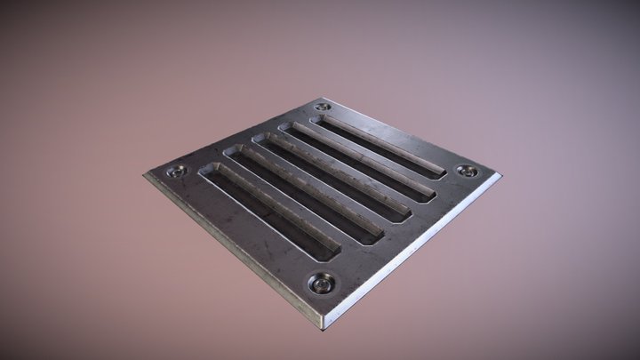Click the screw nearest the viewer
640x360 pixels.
pos(321,283)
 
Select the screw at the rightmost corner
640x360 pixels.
pos(468,171)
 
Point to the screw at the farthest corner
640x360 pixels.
pos(322,108)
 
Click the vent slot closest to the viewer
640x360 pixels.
pos(267,211)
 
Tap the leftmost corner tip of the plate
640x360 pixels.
pos(143,173)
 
